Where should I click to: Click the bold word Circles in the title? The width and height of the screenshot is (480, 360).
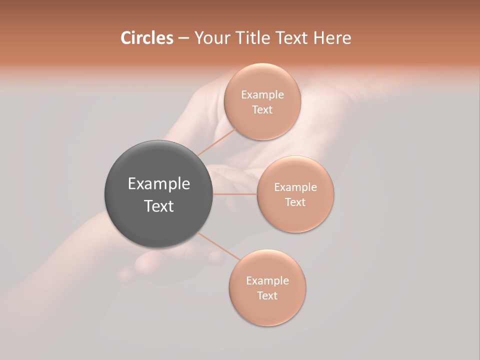[x=146, y=38]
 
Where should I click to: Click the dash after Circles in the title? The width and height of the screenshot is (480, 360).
[x=183, y=38]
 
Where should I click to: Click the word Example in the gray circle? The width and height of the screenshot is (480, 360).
[x=159, y=184]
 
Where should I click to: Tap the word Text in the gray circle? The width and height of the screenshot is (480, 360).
[x=159, y=206]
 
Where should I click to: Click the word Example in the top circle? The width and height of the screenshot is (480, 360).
[x=262, y=95]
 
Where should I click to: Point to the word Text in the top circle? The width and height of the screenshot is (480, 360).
[x=262, y=110]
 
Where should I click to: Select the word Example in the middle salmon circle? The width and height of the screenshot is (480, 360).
[x=295, y=187]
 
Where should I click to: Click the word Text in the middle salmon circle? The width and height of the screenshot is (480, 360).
[x=295, y=202]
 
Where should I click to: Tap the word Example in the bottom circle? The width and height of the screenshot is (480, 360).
[x=267, y=281]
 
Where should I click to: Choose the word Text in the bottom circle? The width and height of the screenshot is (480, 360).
[x=267, y=296]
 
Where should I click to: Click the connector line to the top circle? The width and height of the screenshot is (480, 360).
[x=216, y=142]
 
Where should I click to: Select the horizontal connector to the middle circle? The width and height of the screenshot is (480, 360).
[x=235, y=194]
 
